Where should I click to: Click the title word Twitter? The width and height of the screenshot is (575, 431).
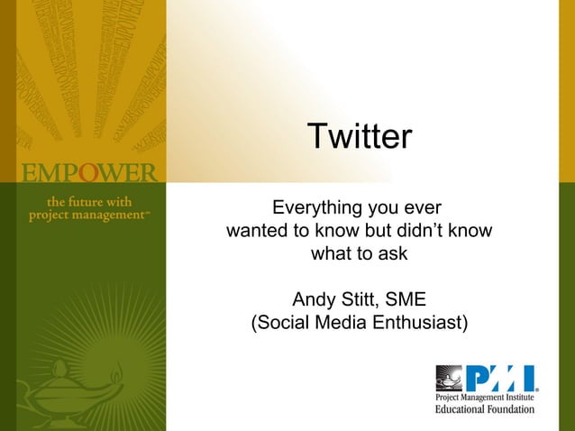(359, 137)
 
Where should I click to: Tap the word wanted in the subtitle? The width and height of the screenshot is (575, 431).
(256, 231)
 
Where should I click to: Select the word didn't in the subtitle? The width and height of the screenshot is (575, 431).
(424, 231)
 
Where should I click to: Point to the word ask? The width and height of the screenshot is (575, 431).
(392, 254)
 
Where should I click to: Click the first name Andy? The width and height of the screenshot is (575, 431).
(313, 299)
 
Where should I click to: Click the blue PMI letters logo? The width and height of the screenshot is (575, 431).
(501, 378)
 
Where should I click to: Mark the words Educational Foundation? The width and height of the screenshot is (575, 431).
(485, 409)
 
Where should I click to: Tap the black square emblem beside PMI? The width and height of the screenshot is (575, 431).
(449, 378)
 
